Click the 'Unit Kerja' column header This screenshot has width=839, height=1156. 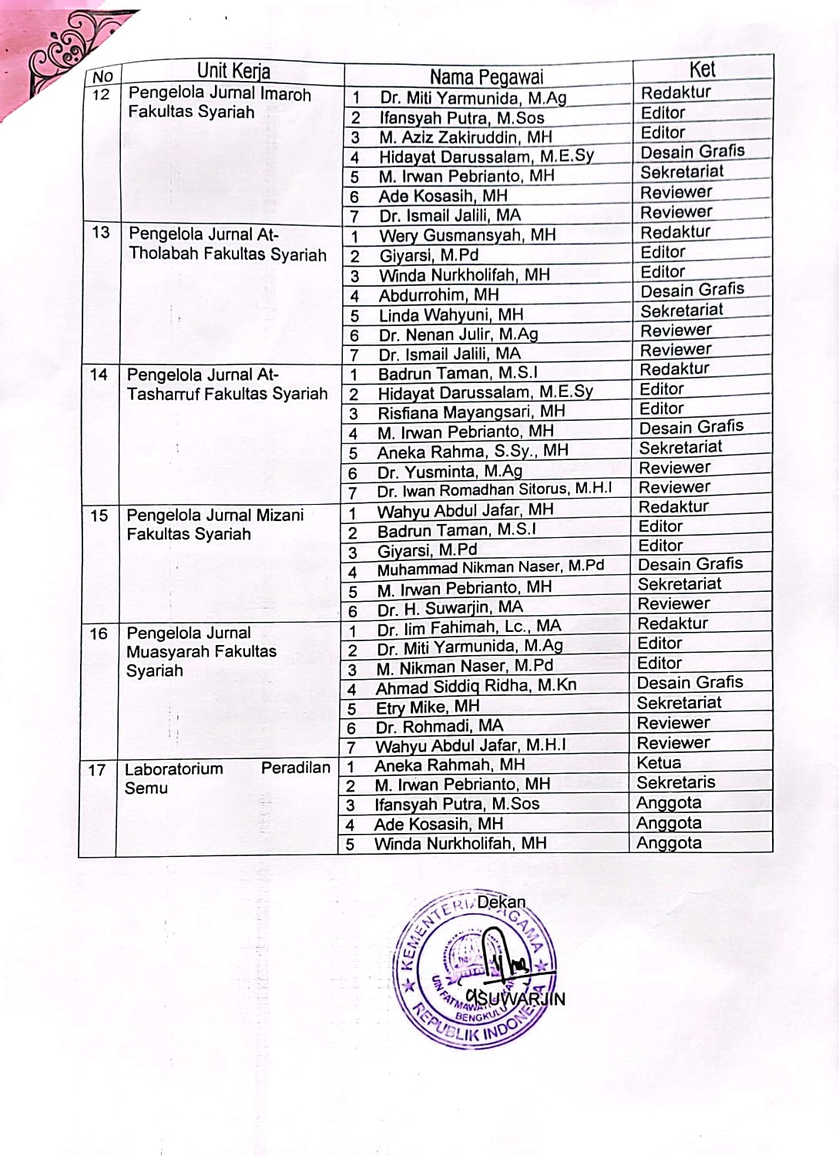pos(233,72)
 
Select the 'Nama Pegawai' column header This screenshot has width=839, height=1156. pos(486,76)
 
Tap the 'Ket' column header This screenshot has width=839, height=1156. pos(702,69)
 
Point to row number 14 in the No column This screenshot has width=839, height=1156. pos(99,375)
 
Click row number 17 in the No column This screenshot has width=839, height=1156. pos(97,769)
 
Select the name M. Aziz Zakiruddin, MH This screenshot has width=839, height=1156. pos(465,137)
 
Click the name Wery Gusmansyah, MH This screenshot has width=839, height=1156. pos(467,235)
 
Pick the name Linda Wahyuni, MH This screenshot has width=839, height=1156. pos(451,314)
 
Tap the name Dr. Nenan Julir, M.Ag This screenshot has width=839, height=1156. pos(458,334)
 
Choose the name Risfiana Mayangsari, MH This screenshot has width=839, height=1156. pos(471,412)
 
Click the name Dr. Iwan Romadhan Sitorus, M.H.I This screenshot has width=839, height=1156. pos(495,490)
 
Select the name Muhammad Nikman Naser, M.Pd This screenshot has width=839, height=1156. pos(490,568)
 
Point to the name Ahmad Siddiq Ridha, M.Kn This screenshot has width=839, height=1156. pos(475,687)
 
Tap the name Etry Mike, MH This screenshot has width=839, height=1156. pos(427,707)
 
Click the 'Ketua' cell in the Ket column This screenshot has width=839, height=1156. pos(659,763)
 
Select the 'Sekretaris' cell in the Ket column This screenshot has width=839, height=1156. pos(676,782)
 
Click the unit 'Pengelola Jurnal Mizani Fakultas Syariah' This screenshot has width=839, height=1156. pos(215,524)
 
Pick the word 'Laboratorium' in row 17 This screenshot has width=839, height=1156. pos(173,768)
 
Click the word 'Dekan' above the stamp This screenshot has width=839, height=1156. pos(501,902)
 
